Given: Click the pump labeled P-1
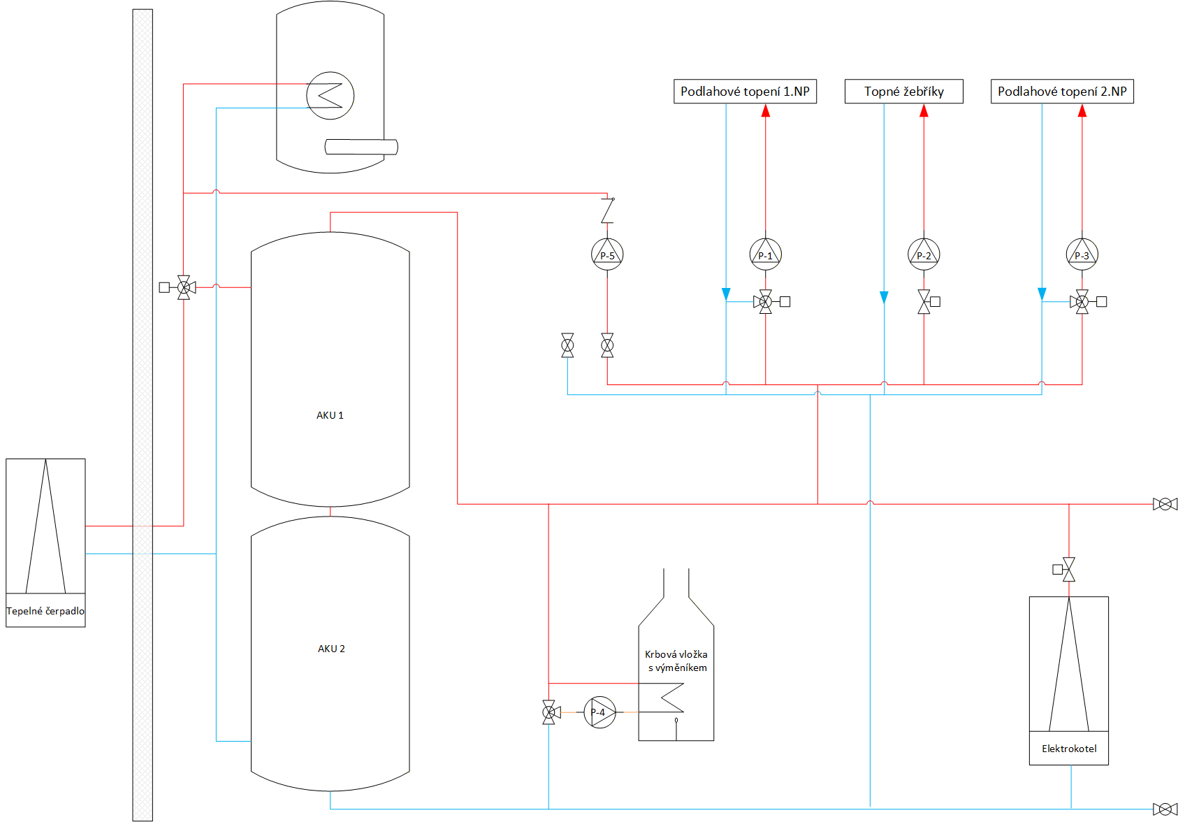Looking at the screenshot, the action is coord(765,254).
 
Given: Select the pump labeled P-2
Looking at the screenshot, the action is coord(924,254).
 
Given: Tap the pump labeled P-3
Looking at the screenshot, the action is coord(1082,254).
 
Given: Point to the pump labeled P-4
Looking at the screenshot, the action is coord(599,712).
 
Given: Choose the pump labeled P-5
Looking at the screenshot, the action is coord(607,254).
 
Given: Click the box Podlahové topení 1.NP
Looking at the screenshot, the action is coord(745,92).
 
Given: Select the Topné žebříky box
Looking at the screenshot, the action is coord(903,92).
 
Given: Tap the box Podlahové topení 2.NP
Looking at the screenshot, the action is coord(1062,92).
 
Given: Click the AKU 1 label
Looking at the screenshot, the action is coord(330,415).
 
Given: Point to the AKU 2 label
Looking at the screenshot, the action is coord(330,649).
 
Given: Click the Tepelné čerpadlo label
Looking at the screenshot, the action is coord(45,611).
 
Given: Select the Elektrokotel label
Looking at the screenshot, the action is coord(1068,749).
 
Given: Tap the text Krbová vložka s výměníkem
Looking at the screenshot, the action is coord(676,661).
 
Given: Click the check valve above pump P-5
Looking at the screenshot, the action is coord(607,210).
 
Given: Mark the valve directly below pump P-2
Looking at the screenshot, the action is coord(928,301).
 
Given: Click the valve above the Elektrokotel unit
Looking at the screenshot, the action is coord(1065,570).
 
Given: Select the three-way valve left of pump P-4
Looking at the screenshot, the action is coord(550,712).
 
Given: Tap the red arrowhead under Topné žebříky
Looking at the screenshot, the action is coord(924,110).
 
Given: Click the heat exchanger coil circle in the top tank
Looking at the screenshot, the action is coord(330,95).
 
